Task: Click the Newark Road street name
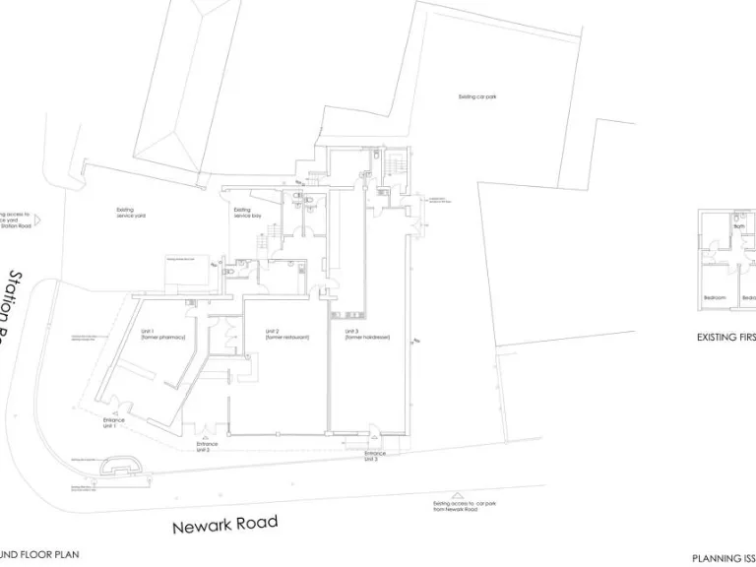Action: coord(225,525)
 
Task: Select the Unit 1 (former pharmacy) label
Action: coord(157,334)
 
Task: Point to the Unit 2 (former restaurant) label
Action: coord(286,335)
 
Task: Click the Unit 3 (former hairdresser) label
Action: coord(367,335)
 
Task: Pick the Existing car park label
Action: coord(477,96)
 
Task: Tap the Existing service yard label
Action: coord(131,212)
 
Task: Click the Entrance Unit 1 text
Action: coord(113,423)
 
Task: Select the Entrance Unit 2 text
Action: coord(207,446)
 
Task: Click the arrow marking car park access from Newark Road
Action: coord(456,496)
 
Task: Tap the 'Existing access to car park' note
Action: coord(455,506)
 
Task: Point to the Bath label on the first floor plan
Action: coord(738,227)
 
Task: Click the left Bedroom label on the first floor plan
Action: coord(714,297)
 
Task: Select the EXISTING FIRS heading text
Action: coord(725,337)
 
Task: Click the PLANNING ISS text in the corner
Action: coord(723,558)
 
